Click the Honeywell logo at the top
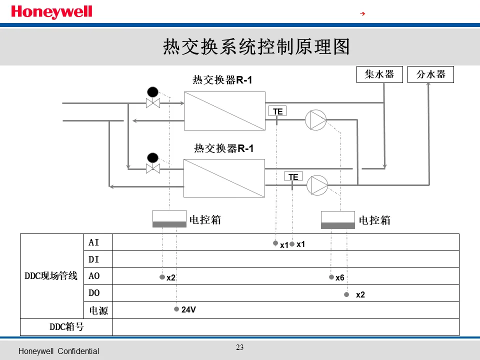click(x=51, y=12)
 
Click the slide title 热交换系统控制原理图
click(x=256, y=47)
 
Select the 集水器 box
click(x=379, y=74)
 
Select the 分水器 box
click(x=431, y=74)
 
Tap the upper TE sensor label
click(x=278, y=111)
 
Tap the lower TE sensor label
click(x=293, y=176)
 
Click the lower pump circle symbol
click(x=317, y=184)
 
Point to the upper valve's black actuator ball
click(x=152, y=92)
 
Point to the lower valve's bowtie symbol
click(x=152, y=168)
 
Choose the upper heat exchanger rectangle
click(x=224, y=111)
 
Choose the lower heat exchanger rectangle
click(x=224, y=178)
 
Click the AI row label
click(x=94, y=242)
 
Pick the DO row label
click(x=94, y=293)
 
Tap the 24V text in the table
click(x=188, y=310)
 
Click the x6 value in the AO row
click(x=340, y=277)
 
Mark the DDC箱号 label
click(x=66, y=327)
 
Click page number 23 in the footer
click(x=240, y=347)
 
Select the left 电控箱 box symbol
click(x=169, y=219)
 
